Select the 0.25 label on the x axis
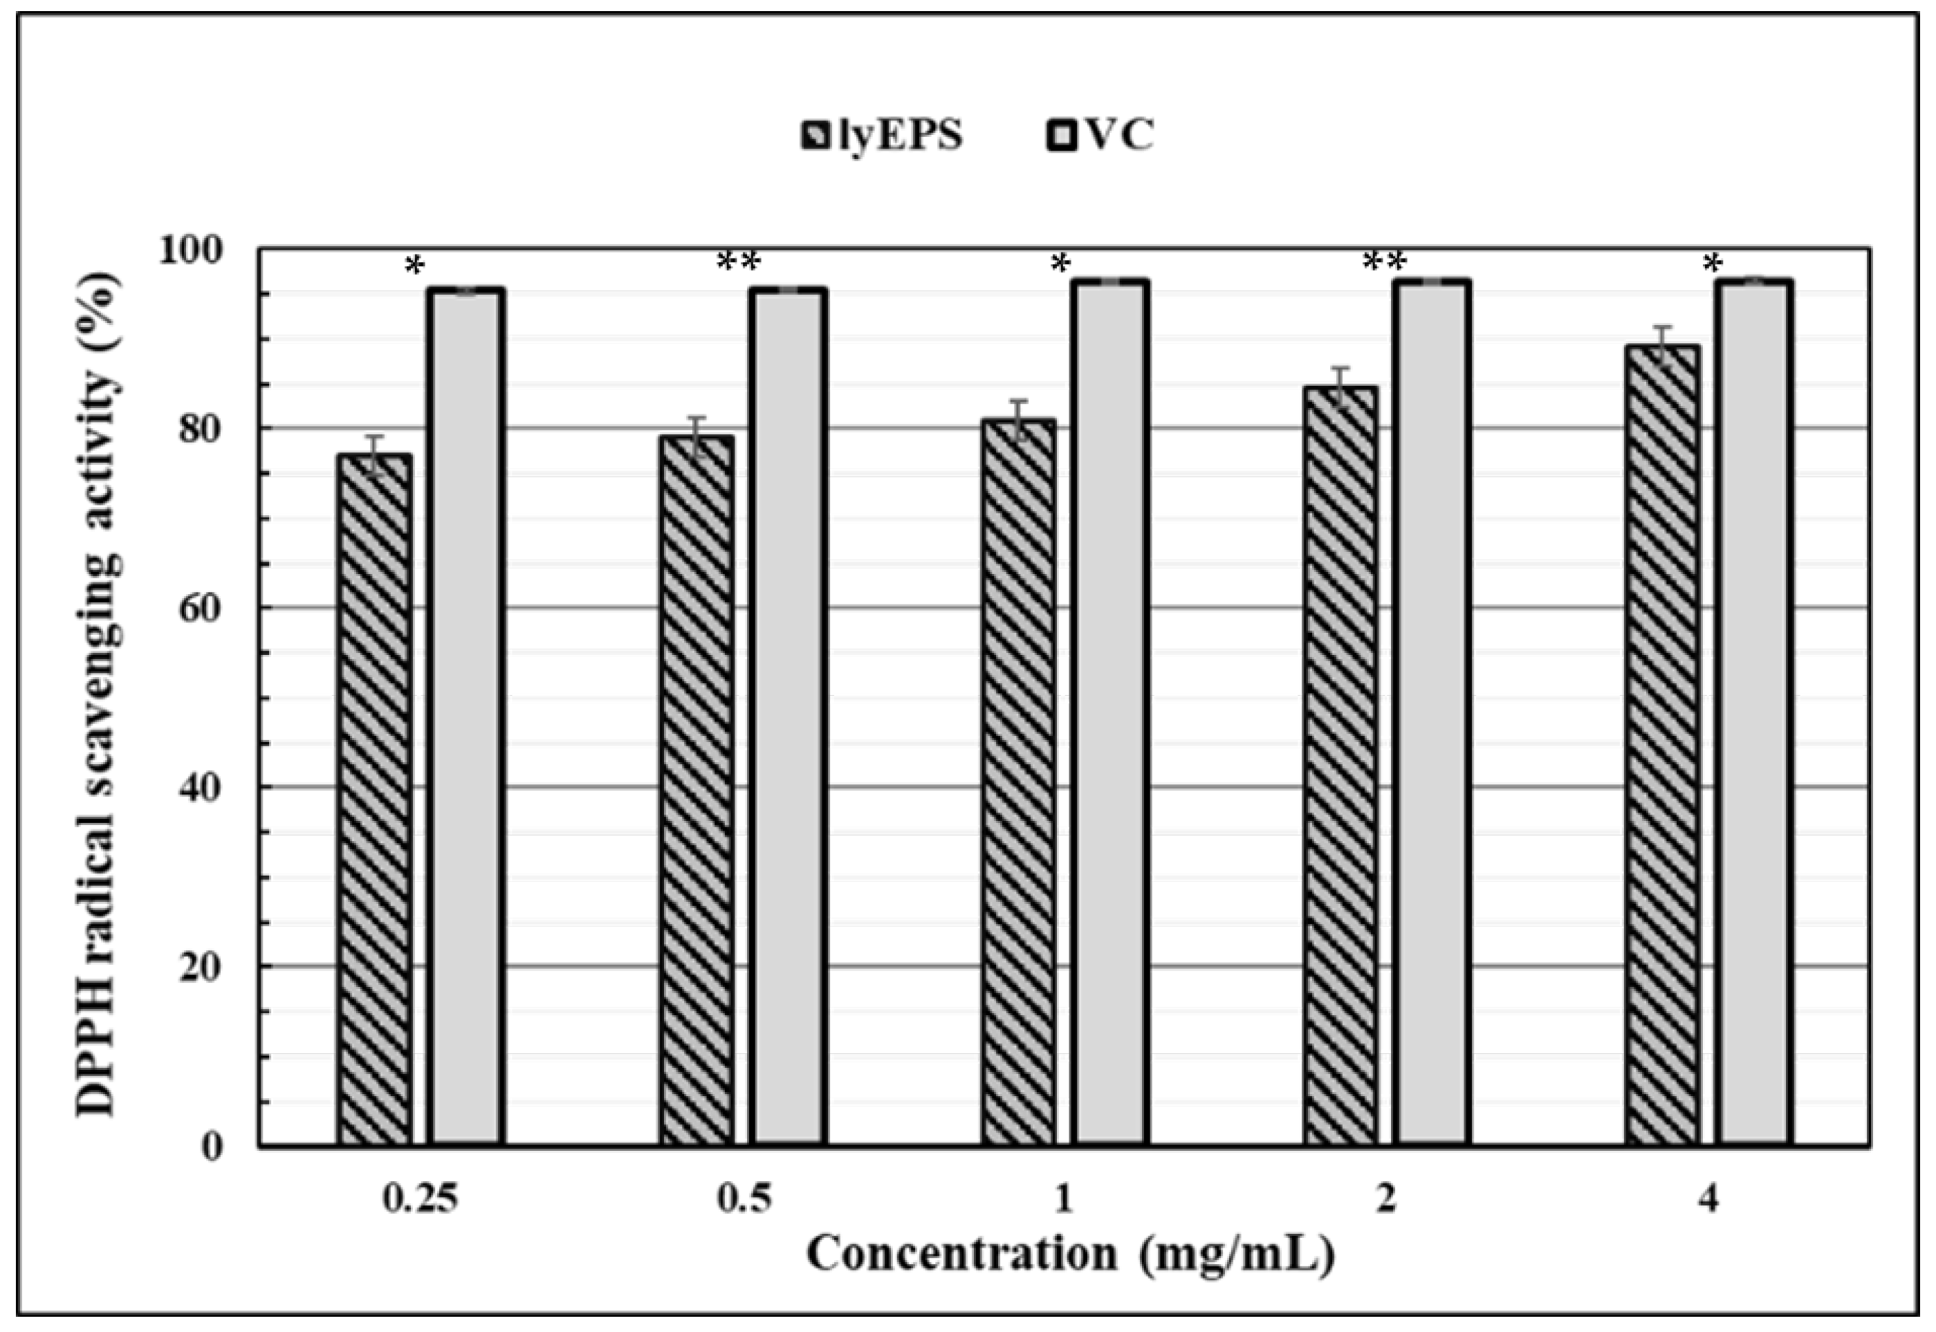[421, 1199]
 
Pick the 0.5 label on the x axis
[744, 1199]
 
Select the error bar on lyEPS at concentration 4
[1663, 344]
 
